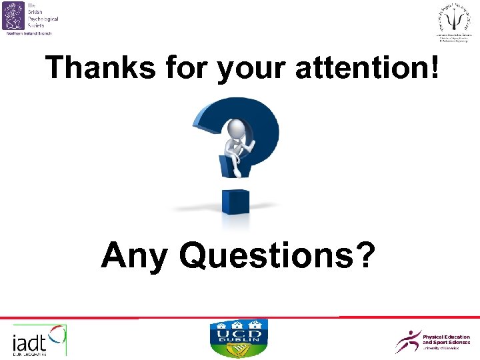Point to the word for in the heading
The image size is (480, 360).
pyautogui.click(x=180, y=67)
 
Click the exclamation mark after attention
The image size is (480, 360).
pyautogui.click(x=435, y=67)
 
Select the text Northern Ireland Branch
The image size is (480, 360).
pyautogui.click(x=28, y=33)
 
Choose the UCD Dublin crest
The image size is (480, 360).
pyautogui.click(x=239, y=339)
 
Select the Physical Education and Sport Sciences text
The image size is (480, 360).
pyautogui.click(x=446, y=340)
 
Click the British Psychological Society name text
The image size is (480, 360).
pyautogui.click(x=43, y=15)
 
